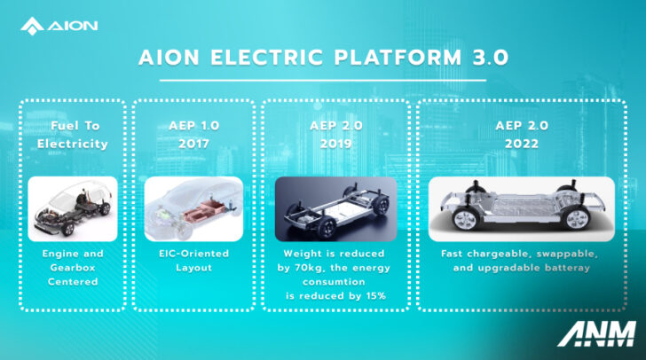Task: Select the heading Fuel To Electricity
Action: click(x=73, y=136)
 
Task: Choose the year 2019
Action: click(x=335, y=144)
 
